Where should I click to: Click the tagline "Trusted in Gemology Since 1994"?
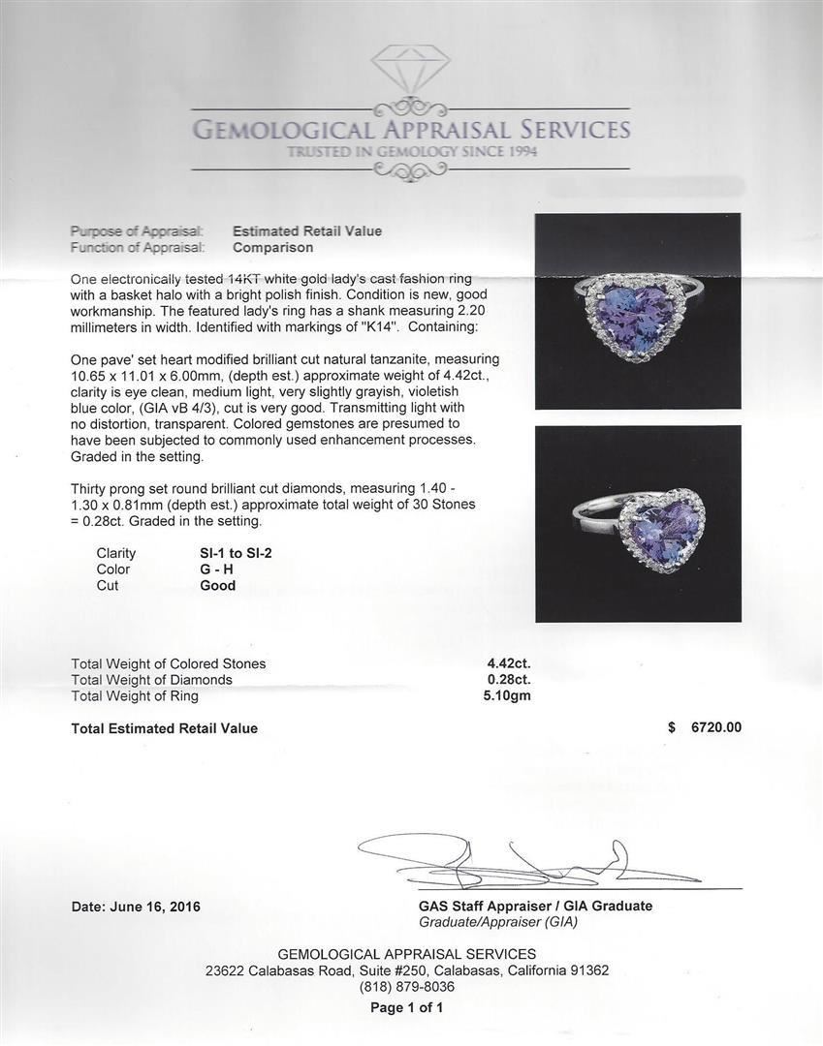(411, 152)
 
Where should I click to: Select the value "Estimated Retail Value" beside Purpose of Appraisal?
(307, 231)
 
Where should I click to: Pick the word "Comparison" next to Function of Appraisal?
(272, 248)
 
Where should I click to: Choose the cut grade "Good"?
(218, 586)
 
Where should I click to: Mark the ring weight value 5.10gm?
(509, 695)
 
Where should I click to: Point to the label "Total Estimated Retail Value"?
(165, 728)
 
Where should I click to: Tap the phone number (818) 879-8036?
(407, 987)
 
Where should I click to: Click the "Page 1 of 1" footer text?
(407, 1007)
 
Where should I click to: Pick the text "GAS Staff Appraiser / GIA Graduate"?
(529, 907)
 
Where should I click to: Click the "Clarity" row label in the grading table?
(116, 553)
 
